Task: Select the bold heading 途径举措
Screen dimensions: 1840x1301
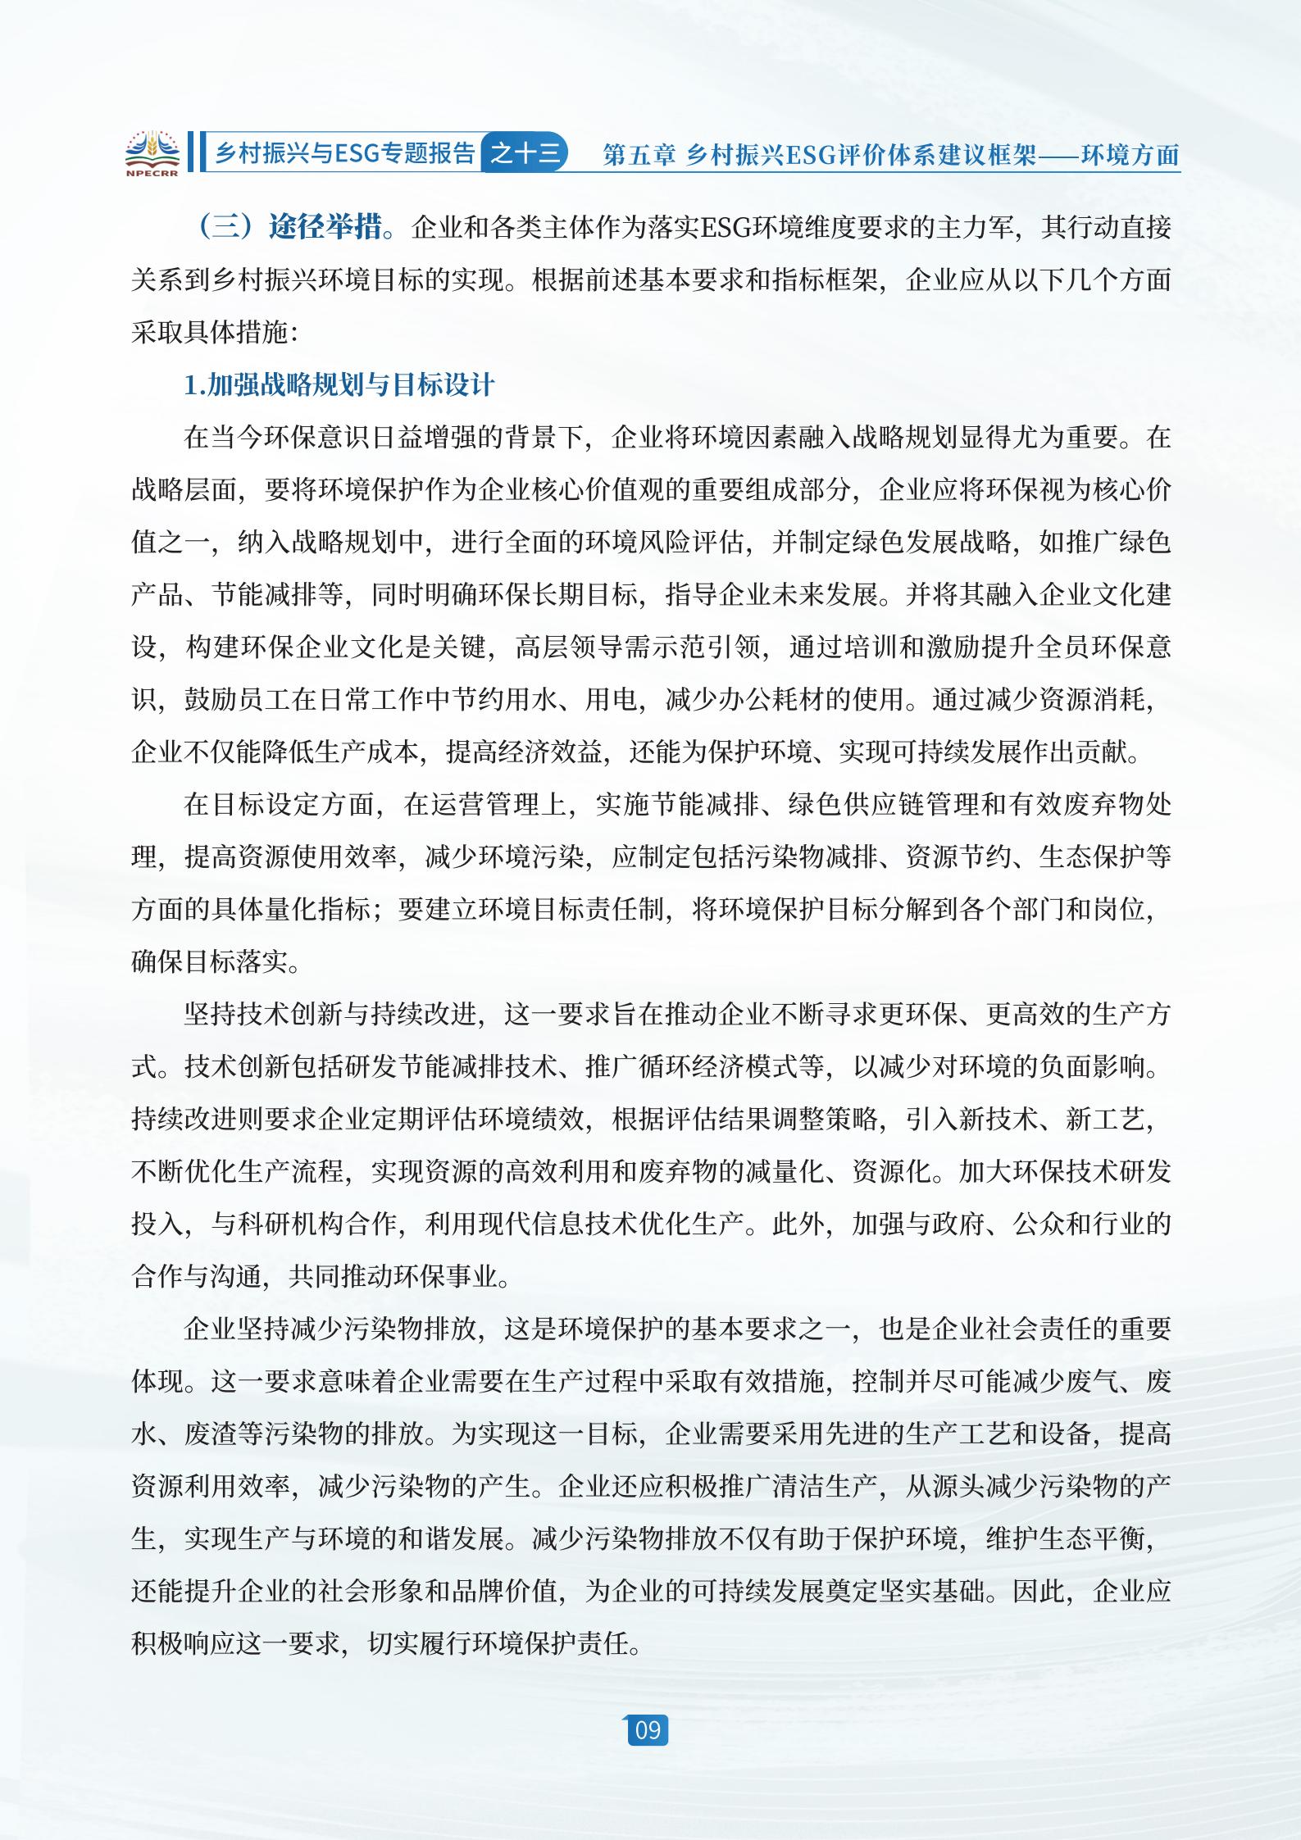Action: coord(325,228)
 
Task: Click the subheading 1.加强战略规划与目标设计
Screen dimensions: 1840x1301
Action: coord(339,385)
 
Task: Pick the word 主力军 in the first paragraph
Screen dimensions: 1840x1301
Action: coord(976,228)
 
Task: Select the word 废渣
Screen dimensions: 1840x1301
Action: coord(210,1434)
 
